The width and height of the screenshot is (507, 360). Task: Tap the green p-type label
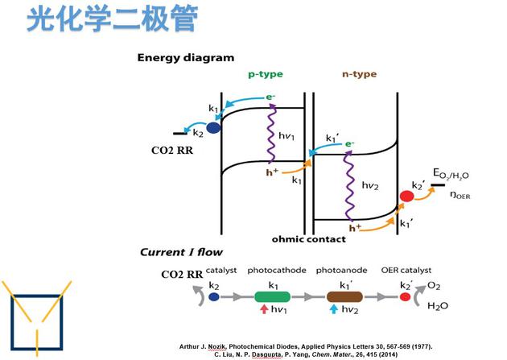264,74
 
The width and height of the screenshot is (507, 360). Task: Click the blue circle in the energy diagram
214,127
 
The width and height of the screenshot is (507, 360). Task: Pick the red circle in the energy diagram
406,197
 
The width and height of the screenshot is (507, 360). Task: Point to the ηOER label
461,194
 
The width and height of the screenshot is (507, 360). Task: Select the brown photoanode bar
346,296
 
